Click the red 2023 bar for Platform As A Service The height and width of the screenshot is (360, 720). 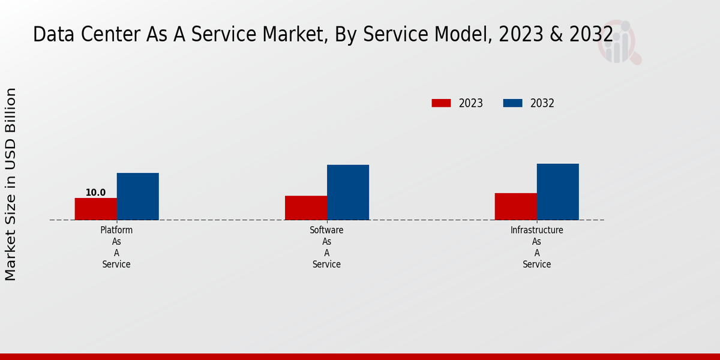[x=95, y=209]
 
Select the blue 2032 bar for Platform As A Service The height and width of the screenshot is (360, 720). [x=137, y=196]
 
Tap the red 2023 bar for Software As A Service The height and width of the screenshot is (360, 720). [x=306, y=208]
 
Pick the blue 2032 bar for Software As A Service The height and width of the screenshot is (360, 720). [x=348, y=192]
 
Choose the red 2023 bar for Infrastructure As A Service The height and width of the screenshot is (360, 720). [x=515, y=206]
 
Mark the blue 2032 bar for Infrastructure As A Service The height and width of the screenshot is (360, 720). [x=557, y=191]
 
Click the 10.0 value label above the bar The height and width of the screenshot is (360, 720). [x=95, y=193]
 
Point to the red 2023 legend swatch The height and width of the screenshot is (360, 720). [x=441, y=103]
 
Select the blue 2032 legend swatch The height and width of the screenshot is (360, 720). [x=512, y=103]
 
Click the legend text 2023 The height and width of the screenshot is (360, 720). [x=471, y=103]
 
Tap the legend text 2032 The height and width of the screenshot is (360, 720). [x=542, y=103]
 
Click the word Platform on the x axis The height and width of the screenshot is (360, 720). [x=116, y=230]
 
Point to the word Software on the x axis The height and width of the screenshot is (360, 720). [x=326, y=230]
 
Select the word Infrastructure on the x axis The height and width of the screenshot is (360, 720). [x=536, y=230]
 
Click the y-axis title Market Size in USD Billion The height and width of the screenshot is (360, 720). [x=11, y=184]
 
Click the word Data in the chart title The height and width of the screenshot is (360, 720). [x=48, y=35]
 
